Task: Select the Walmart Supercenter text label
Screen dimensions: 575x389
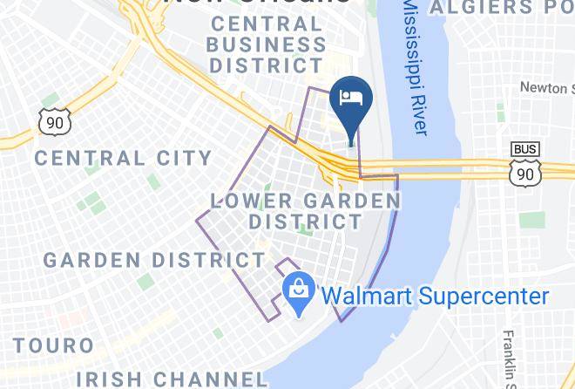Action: (436, 296)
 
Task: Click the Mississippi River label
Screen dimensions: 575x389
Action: (416, 65)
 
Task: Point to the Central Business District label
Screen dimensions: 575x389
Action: (268, 44)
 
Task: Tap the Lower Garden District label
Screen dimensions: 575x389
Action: (306, 211)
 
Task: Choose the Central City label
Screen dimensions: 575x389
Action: (123, 158)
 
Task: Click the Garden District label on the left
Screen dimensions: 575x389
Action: (154, 260)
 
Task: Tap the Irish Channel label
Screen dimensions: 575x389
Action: (171, 379)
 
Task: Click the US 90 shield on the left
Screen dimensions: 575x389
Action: (54, 123)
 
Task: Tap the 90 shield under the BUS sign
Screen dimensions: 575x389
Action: (524, 174)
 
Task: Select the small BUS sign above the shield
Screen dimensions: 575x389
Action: (524, 149)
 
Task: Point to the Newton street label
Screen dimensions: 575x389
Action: (547, 87)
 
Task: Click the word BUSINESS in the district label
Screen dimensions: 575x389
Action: (268, 43)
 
